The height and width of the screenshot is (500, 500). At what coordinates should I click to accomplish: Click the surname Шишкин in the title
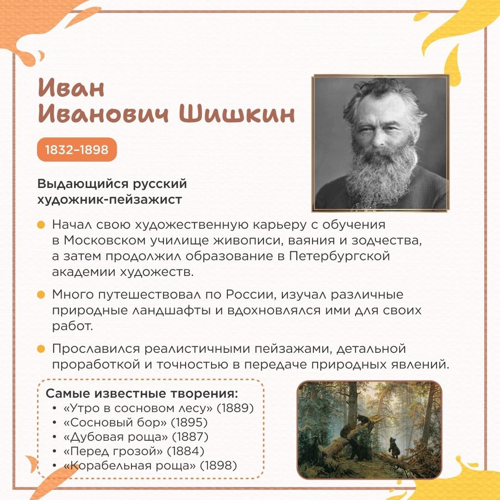(x=237, y=114)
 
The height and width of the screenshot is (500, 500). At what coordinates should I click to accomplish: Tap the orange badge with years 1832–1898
(x=77, y=149)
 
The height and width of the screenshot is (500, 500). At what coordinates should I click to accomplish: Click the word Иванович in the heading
(x=103, y=114)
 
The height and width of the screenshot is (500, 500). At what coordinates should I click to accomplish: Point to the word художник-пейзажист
(x=110, y=200)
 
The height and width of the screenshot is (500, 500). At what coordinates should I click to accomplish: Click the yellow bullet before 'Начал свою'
(x=41, y=225)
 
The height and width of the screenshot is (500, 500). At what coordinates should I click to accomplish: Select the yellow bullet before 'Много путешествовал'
(x=41, y=294)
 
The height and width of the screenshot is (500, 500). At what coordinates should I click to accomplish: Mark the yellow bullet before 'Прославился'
(x=41, y=349)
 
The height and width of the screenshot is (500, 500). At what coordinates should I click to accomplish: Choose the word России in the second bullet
(x=250, y=294)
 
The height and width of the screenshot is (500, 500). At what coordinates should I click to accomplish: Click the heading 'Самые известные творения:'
(x=142, y=394)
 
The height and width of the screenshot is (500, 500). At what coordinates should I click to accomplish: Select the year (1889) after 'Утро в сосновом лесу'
(x=235, y=408)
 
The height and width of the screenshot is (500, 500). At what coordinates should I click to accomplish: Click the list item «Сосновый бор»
(x=115, y=423)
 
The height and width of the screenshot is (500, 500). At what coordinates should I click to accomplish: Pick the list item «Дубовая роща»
(x=116, y=437)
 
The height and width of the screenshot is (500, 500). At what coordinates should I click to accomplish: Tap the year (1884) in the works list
(x=186, y=451)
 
